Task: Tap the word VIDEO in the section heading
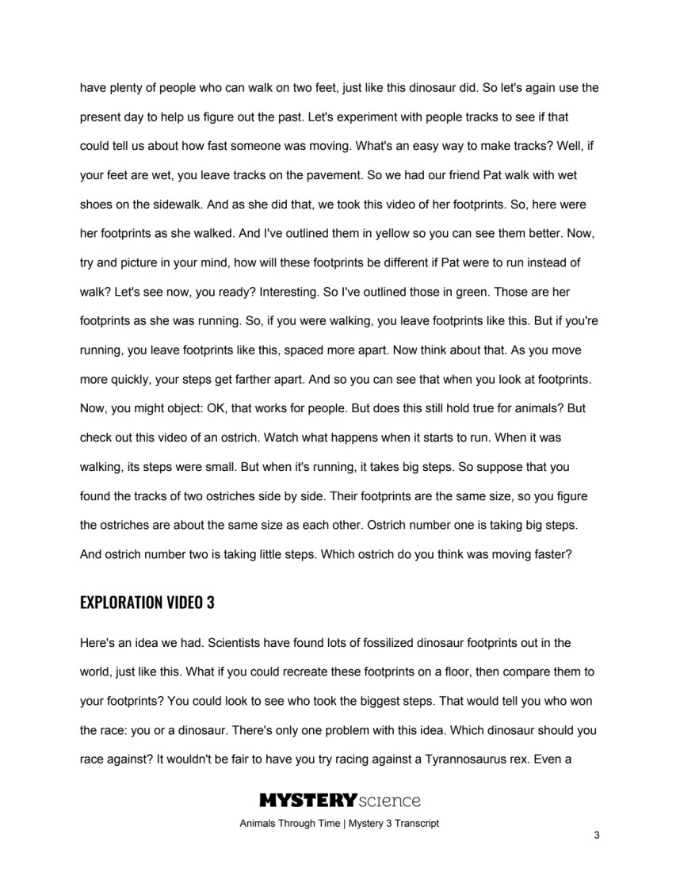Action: pyautogui.click(x=181, y=603)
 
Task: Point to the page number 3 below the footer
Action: pyautogui.click(x=595, y=836)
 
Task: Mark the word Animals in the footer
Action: pyautogui.click(x=260, y=823)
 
